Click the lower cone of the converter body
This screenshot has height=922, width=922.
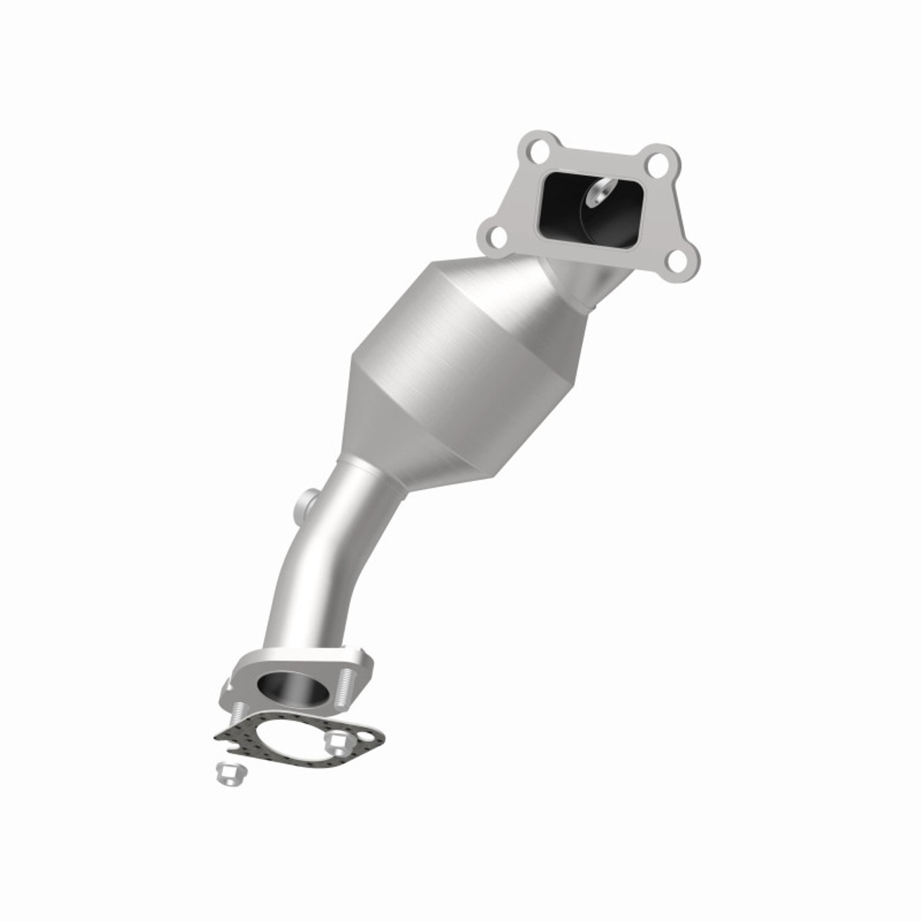(x=425, y=432)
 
